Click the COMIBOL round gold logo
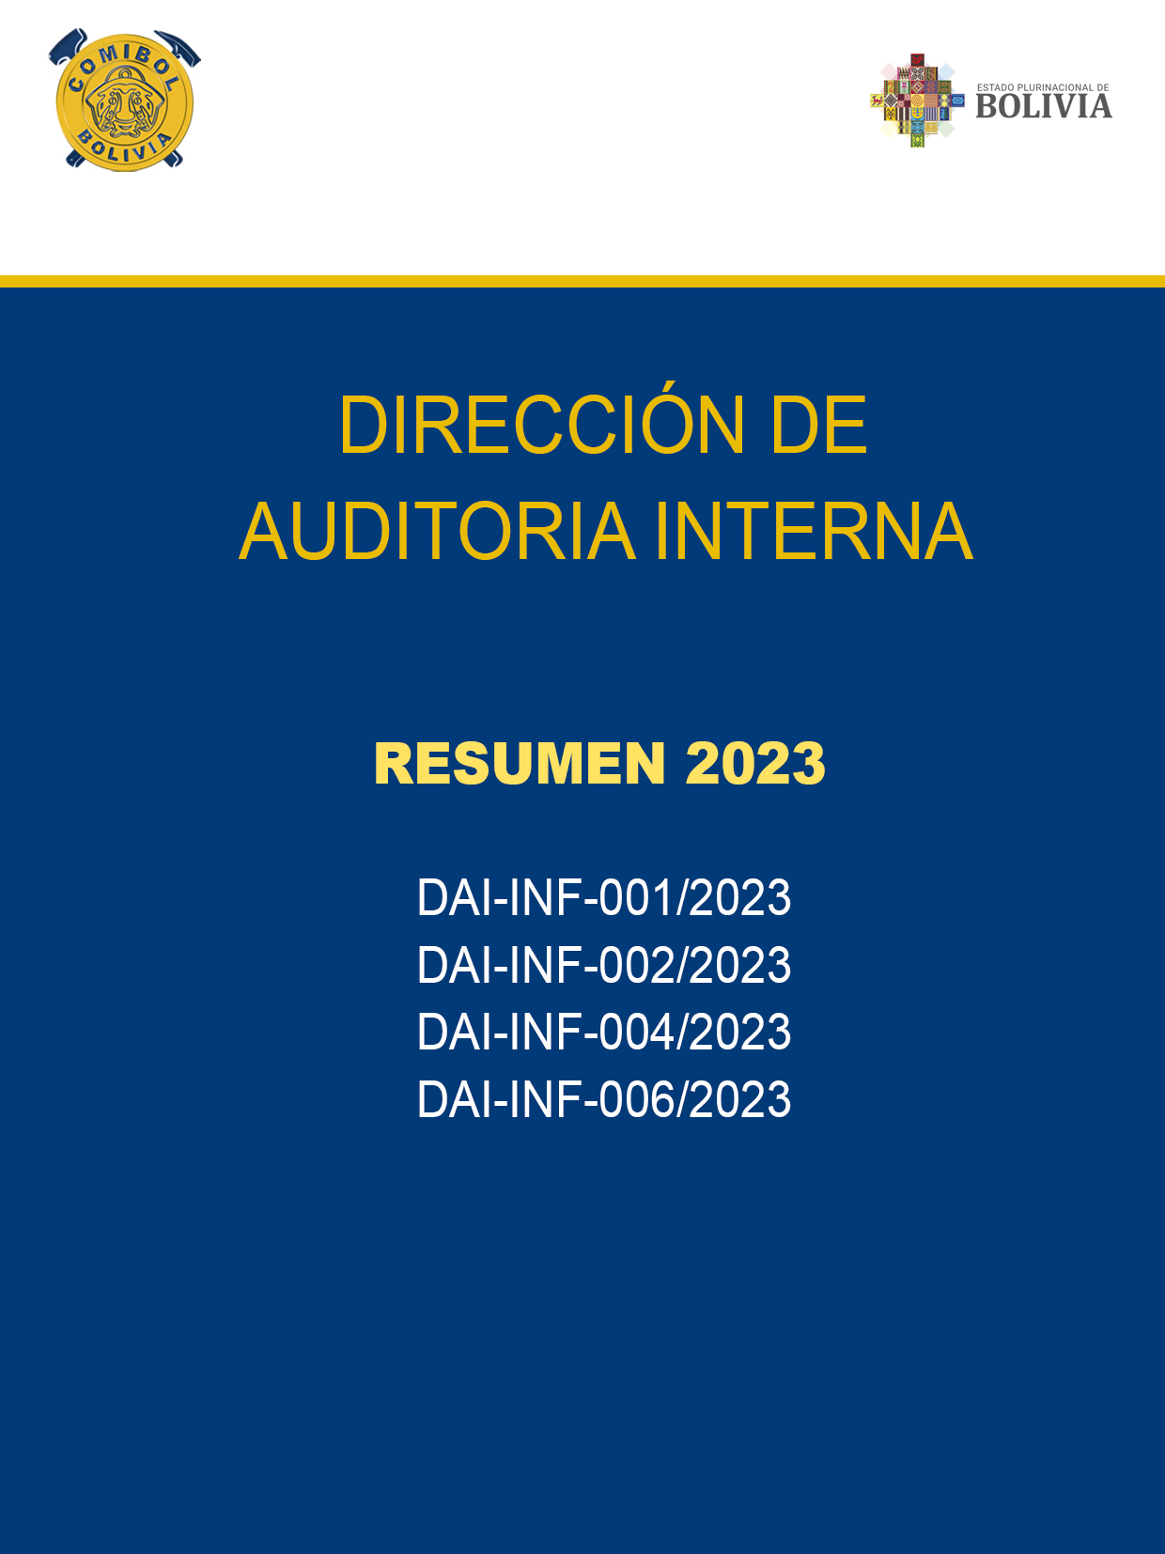tap(125, 101)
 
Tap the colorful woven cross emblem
tap(917, 101)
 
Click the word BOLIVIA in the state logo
tap(1044, 106)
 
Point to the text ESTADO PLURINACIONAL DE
tap(1043, 87)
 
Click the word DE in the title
tap(819, 425)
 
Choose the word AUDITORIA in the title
tap(437, 531)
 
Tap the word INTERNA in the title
tap(815, 531)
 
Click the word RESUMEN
tap(520, 763)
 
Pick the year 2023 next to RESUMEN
tap(755, 763)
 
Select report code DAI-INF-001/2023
tap(604, 897)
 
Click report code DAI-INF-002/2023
tap(604, 965)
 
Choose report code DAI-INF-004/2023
tap(604, 1032)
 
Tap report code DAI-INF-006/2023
tap(604, 1098)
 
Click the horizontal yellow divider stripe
tap(582, 281)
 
